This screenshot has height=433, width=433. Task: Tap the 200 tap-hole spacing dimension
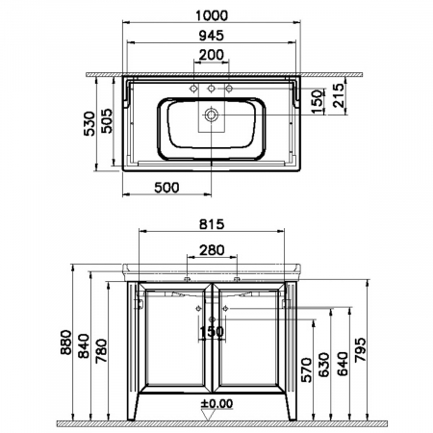pos(212,54)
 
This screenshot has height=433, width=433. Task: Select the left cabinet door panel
pos(173,337)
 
